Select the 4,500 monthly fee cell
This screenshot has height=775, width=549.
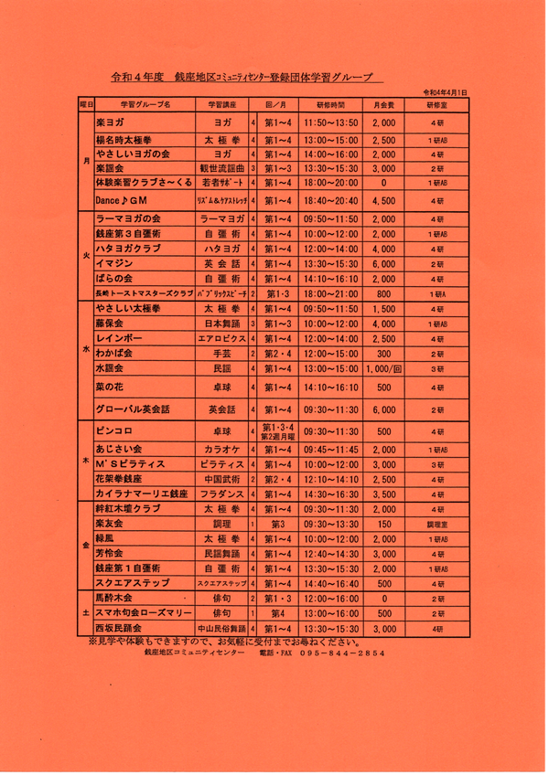[384, 199]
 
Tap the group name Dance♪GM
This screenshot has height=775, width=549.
[121, 199]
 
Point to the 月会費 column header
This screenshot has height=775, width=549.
[384, 105]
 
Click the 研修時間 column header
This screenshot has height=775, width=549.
[333, 105]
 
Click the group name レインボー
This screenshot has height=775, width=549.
[115, 338]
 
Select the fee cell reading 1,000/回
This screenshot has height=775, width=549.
[384, 368]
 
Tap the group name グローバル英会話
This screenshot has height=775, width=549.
[133, 409]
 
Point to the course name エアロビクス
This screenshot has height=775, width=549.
[222, 338]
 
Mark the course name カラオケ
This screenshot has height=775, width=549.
[222, 450]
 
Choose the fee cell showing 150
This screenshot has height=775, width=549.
[384, 524]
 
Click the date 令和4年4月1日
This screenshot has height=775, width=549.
[446, 93]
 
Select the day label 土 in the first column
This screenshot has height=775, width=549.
[86, 613]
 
